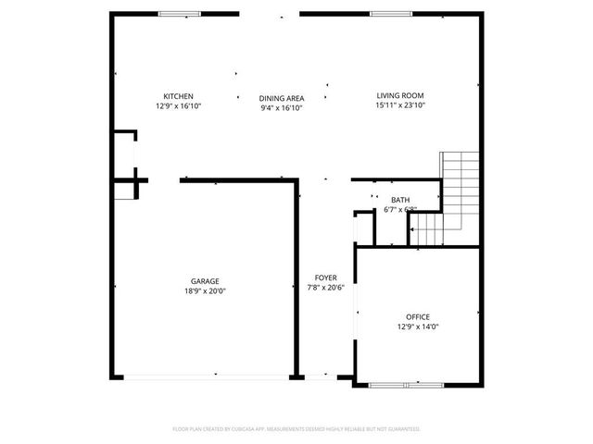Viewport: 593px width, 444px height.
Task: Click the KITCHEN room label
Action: point(178,96)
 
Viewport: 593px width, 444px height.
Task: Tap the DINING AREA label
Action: point(282,98)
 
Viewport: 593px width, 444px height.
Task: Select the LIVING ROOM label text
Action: point(400,95)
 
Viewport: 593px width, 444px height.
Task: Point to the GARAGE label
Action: point(205,281)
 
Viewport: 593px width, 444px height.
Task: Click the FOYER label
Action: point(325,277)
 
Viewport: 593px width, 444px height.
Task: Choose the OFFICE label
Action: point(417,317)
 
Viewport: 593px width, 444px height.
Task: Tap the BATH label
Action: point(400,200)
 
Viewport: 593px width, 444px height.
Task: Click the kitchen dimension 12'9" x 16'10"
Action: point(178,106)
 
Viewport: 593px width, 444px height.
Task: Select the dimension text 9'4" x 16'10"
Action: point(282,108)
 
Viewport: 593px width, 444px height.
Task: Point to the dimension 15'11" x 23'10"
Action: point(400,105)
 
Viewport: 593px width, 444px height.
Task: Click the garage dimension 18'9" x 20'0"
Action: point(205,291)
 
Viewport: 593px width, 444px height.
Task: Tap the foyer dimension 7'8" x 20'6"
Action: point(325,288)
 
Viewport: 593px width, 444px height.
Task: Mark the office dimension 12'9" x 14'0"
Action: point(417,327)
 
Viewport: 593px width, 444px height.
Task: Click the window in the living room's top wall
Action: point(386,13)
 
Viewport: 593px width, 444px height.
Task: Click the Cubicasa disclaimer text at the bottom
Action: point(296,429)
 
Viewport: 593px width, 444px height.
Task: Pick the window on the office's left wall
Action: point(355,314)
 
